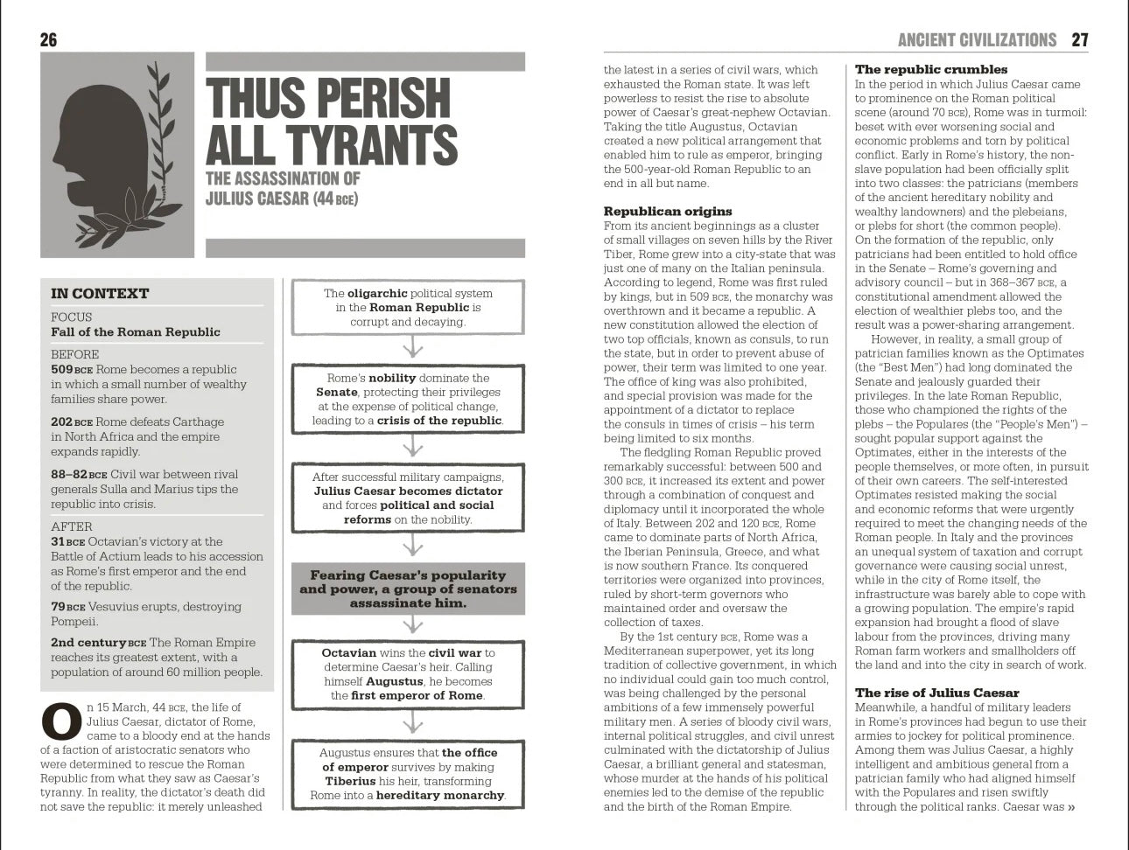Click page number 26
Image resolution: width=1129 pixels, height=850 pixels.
49,39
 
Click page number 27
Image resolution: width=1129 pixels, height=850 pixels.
1080,39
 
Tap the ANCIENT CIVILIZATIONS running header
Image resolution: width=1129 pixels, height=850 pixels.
977,39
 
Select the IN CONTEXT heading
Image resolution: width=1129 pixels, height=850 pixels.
100,294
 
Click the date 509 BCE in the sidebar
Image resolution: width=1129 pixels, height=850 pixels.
71,370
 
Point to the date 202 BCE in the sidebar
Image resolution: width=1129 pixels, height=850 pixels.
71,422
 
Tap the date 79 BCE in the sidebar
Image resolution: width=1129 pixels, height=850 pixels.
67,607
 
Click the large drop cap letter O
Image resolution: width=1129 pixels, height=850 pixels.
61,721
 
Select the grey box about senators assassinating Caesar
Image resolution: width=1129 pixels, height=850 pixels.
408,589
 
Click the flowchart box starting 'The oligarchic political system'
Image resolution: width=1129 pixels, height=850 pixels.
408,307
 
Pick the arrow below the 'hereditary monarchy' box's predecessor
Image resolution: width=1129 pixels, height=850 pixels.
412,722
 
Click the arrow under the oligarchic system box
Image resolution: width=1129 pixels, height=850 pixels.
412,349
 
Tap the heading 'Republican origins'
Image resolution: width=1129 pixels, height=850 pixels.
667,212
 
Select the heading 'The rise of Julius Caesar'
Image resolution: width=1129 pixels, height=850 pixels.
936,693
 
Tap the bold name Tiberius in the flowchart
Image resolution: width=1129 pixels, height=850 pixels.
350,781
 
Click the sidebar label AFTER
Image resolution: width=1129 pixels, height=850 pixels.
72,526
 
